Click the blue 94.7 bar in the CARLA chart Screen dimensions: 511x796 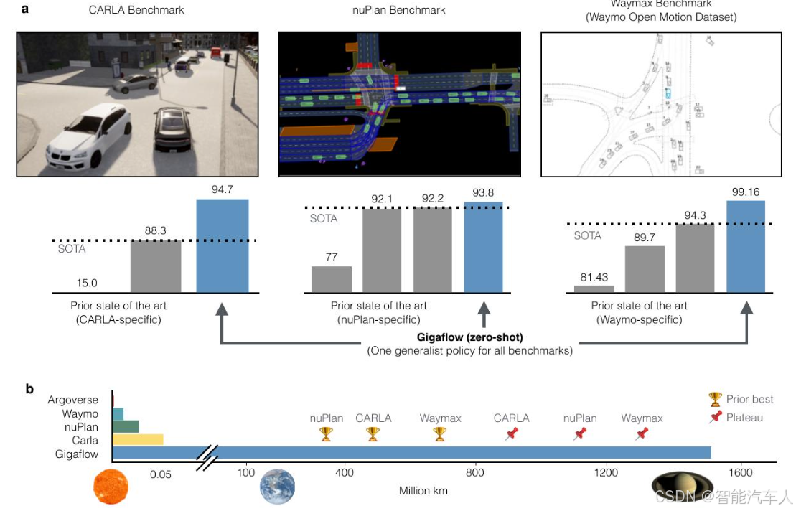[222, 245]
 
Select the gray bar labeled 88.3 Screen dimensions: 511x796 [156, 266]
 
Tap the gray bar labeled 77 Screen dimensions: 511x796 [332, 279]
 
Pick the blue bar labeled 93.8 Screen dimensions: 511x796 [484, 247]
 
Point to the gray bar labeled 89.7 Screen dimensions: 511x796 [645, 269]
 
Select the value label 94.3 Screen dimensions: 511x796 [695, 215]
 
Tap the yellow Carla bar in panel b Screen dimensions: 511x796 [138, 439]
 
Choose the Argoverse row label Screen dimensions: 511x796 [72, 400]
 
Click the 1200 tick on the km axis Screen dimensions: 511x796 [607, 472]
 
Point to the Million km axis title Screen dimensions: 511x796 [423, 491]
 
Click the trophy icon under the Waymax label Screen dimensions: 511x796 [440, 433]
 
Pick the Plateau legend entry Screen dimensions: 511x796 [743, 417]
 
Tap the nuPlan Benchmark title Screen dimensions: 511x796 [399, 10]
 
